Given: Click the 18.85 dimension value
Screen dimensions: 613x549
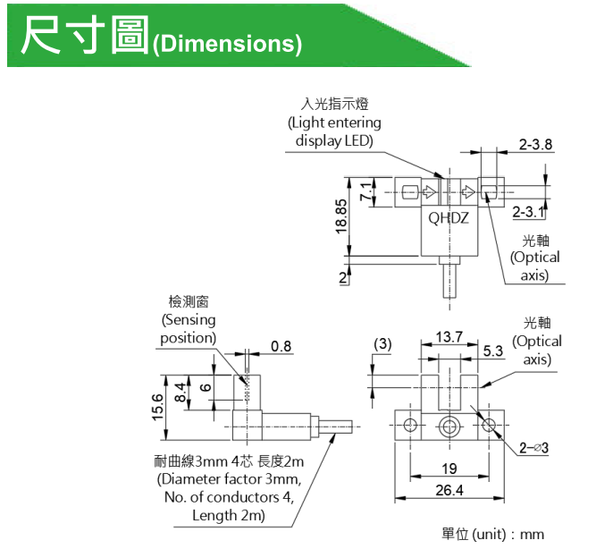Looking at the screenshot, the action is click(341, 216).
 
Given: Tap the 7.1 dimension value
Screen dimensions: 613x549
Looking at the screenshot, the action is click(365, 191).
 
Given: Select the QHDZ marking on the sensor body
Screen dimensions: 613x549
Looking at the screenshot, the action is click(449, 218).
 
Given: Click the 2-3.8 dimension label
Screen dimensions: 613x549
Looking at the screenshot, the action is click(535, 144).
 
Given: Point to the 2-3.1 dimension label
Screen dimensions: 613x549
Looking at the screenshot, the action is click(529, 212).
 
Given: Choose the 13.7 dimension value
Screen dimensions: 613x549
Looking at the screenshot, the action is click(449, 336).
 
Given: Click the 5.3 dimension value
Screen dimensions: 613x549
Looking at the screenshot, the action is click(493, 351).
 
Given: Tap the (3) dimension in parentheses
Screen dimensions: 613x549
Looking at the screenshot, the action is click(382, 344).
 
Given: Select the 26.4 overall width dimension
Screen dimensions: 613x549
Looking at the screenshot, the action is click(449, 490).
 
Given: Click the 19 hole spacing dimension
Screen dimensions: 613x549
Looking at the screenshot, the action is click(449, 468).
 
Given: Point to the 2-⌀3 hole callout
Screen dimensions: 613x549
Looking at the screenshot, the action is click(534, 448).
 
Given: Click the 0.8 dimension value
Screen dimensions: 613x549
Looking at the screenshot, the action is click(281, 346).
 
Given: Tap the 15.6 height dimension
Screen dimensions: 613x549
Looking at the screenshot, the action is click(157, 407).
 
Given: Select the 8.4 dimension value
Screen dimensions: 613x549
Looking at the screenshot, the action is click(181, 393).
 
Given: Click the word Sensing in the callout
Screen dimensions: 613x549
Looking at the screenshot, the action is click(190, 320).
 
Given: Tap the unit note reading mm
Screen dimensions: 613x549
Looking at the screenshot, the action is click(532, 534).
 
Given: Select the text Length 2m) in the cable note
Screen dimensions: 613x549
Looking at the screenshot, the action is click(229, 515).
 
